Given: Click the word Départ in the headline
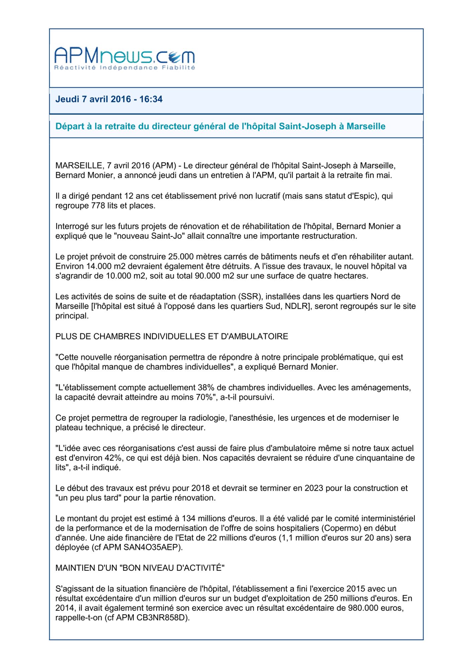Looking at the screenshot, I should click(x=69, y=126).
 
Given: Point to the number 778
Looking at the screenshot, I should click(x=98, y=206).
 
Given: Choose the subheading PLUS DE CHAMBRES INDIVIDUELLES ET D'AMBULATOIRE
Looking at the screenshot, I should click(x=171, y=337).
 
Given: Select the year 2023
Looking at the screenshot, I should click(x=314, y=488).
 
